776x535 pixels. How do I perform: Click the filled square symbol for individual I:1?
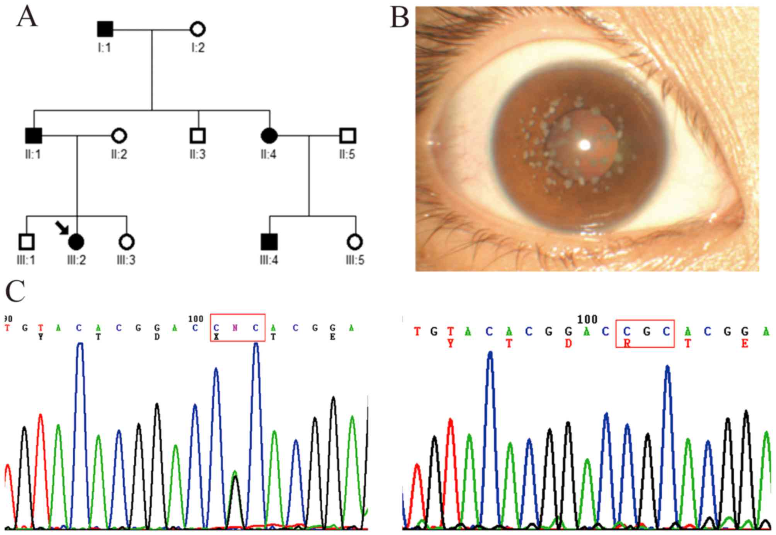105,29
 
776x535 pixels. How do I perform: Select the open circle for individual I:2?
197,29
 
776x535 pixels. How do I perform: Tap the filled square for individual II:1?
34,136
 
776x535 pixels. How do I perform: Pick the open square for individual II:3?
197,136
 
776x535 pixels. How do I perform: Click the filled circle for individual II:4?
269,136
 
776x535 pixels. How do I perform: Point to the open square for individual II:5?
347,136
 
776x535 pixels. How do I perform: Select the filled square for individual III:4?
269,242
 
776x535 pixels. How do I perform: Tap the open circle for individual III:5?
355,242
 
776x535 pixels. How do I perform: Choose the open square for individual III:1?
26,242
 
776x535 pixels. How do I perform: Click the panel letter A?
27,17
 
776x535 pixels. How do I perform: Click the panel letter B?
399,18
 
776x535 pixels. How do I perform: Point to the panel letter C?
15,292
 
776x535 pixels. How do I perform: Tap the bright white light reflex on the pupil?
585,145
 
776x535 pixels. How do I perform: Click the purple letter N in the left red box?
235,328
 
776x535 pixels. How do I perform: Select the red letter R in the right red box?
627,343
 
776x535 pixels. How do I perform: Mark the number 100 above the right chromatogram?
587,319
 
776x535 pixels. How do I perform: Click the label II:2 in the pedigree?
119,155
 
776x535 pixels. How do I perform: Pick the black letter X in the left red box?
216,337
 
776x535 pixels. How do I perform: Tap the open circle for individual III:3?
126,242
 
